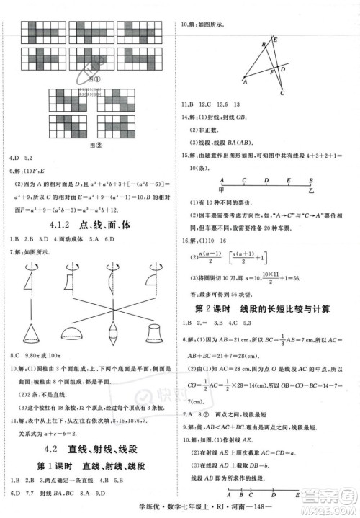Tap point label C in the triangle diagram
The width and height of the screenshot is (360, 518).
click(x=282, y=94)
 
